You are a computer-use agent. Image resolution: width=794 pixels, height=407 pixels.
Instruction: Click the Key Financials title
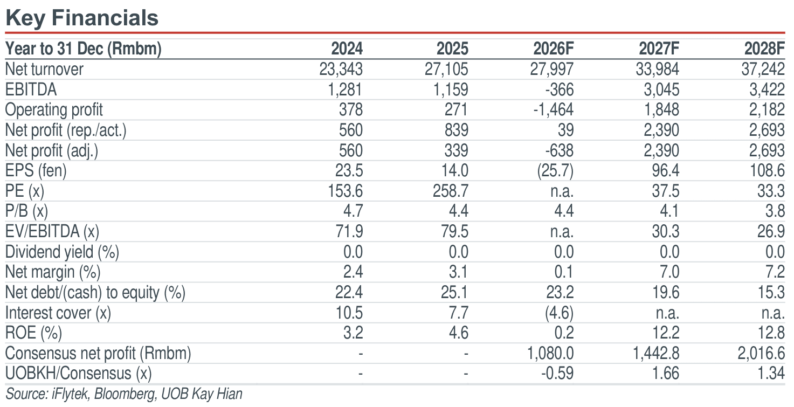82,18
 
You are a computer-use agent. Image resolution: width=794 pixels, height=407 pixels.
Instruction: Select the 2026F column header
553,49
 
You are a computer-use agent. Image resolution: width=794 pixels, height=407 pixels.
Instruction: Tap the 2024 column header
347,49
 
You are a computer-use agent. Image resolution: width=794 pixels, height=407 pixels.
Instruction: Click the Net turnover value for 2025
446,69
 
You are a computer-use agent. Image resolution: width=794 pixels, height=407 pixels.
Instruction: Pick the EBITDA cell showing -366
560,89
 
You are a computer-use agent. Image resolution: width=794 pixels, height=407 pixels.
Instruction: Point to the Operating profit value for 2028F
767,109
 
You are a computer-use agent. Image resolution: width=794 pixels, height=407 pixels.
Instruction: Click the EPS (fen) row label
36,170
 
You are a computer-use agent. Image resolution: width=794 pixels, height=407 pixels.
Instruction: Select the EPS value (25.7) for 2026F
555,170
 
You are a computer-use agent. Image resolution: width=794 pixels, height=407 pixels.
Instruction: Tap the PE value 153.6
345,191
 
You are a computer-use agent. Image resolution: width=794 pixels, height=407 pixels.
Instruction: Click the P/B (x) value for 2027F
669,211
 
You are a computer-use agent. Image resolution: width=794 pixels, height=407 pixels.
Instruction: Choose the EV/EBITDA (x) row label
52,232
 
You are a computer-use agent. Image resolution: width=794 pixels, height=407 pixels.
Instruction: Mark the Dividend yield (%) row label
62,252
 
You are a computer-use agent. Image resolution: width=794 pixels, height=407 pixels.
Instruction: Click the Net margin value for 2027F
669,272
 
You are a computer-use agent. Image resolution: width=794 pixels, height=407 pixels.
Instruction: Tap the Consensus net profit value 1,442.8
656,354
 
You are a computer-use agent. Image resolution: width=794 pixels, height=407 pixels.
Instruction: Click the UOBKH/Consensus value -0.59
557,374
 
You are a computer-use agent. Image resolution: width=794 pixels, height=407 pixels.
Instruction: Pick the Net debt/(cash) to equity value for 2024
349,293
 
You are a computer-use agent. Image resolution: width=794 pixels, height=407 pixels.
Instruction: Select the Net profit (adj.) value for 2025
457,150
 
